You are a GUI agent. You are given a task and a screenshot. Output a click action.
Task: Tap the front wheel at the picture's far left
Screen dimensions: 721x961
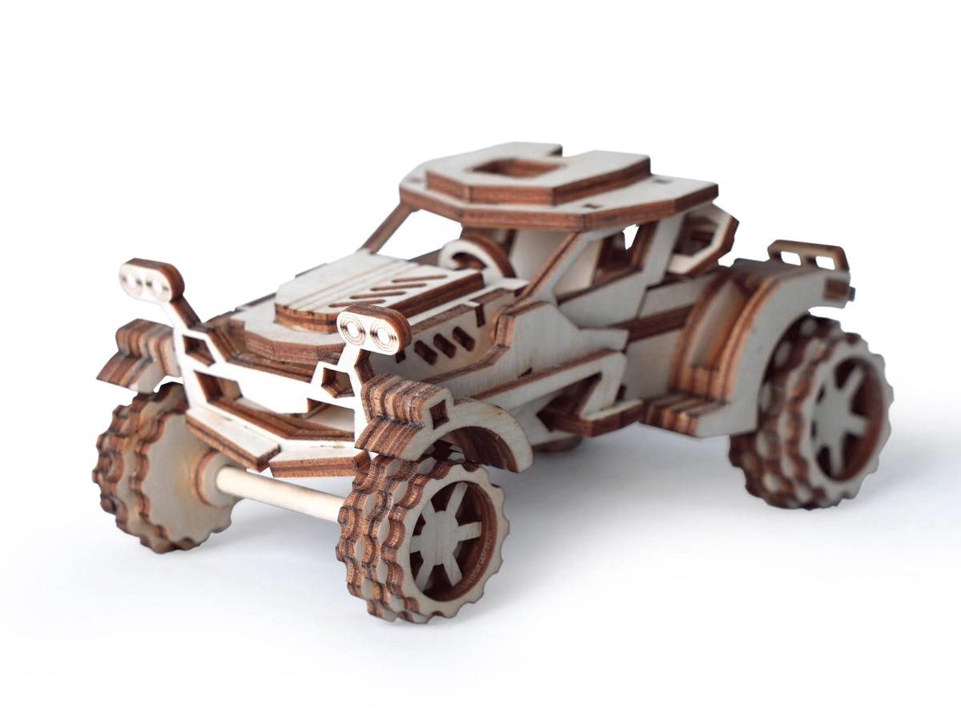pyautogui.click(x=156, y=473)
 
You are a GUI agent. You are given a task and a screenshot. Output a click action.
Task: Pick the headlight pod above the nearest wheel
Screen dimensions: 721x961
pyautogui.click(x=373, y=328)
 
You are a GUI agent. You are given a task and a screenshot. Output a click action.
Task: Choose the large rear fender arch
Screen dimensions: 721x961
pyautogui.click(x=745, y=336)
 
